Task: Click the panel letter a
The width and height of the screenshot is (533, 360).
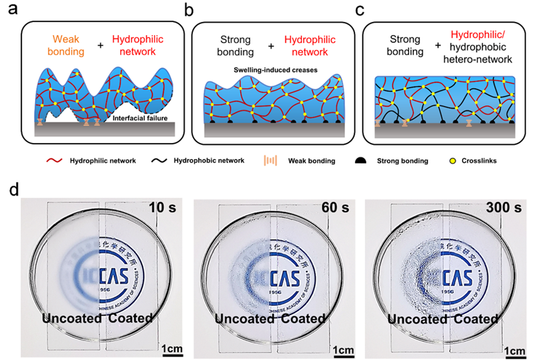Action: click(x=10, y=10)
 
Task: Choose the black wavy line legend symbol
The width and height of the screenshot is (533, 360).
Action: click(x=161, y=161)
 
